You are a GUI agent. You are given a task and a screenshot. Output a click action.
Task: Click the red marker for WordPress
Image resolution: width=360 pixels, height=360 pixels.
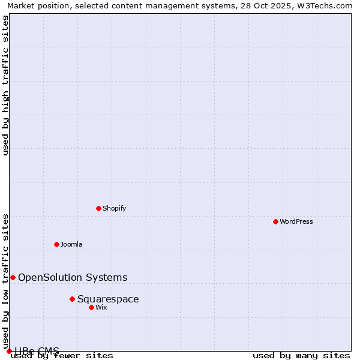275,221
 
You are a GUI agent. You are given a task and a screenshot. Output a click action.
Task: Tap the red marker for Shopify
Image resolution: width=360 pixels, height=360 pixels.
98,208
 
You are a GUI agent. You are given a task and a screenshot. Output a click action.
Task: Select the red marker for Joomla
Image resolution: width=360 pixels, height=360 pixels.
56,244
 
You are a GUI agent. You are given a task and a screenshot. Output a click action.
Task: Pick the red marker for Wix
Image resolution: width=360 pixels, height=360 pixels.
91,307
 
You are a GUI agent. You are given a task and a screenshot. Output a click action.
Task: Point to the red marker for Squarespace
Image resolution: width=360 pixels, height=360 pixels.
72,299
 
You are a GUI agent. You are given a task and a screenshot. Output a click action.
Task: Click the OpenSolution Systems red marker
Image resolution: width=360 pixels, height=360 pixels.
13,277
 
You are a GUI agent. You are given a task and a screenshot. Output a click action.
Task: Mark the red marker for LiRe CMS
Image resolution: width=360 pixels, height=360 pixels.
9,351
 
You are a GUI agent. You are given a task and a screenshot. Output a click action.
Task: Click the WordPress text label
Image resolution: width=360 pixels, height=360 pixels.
296,221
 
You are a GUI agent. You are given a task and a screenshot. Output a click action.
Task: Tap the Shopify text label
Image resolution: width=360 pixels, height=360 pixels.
114,208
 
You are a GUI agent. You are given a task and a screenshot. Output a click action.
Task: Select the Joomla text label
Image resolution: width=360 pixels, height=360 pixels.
71,244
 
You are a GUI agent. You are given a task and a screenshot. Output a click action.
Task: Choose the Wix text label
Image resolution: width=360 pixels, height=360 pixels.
101,307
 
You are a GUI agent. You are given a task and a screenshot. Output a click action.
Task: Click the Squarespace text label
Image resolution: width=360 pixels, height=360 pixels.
108,299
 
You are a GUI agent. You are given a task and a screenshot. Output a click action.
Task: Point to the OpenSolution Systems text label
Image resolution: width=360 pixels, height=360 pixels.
73,277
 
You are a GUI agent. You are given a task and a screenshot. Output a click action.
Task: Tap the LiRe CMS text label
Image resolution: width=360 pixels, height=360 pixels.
37,351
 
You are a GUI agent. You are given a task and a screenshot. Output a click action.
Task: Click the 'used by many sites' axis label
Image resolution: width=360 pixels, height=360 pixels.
301,356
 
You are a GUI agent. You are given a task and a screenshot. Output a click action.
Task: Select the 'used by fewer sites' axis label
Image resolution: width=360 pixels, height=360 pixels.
62,356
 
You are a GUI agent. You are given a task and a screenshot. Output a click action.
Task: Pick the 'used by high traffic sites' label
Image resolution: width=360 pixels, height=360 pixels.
5,85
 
